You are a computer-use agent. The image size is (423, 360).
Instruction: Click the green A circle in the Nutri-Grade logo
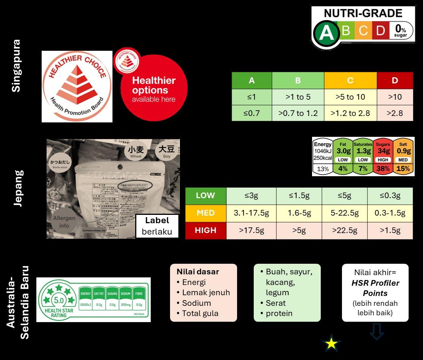click(325, 33)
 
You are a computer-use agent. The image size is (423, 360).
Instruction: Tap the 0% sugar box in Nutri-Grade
click(400, 31)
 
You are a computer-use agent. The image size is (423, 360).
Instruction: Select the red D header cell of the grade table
click(395, 80)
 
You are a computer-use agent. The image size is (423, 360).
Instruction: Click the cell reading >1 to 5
click(298, 97)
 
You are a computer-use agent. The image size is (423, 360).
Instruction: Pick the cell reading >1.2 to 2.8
click(350, 113)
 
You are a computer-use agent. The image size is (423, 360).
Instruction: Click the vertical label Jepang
click(18, 188)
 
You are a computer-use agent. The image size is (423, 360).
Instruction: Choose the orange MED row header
click(206, 213)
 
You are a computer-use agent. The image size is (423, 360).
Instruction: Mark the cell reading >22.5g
click(344, 230)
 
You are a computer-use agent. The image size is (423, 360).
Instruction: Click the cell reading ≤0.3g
click(390, 196)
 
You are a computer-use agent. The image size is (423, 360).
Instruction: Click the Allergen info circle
click(64, 222)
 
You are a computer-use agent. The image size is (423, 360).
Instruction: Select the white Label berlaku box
click(157, 226)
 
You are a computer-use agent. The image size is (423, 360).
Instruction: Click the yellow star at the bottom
click(331, 344)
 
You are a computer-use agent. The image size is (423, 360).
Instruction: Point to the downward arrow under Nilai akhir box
click(376, 332)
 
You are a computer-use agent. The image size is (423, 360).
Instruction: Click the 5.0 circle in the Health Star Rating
click(59, 300)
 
